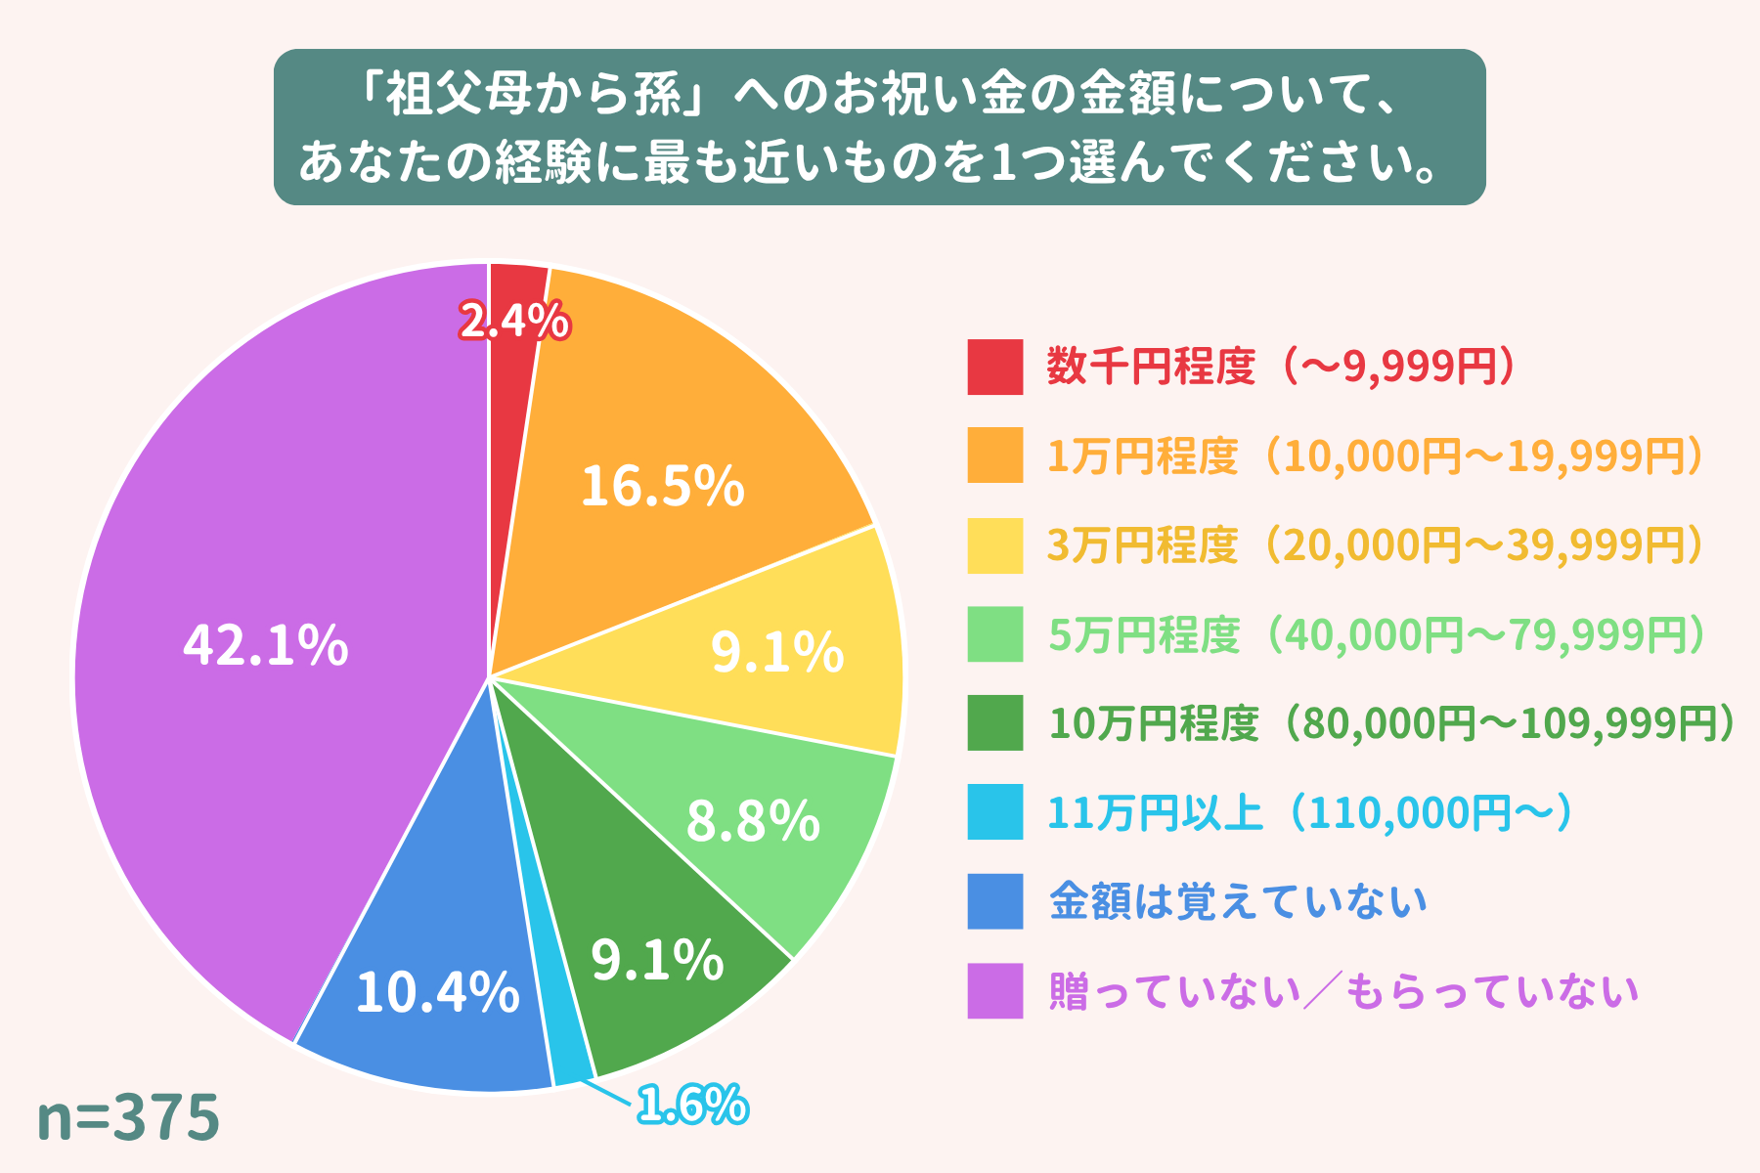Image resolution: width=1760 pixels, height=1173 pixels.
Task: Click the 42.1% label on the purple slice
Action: (265, 645)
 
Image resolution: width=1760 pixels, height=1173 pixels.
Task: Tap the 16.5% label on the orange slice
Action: (662, 486)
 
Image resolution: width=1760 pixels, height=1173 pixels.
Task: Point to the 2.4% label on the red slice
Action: (514, 321)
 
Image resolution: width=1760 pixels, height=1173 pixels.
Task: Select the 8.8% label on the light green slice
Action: (752, 821)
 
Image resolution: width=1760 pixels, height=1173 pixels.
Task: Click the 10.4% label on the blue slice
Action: (437, 992)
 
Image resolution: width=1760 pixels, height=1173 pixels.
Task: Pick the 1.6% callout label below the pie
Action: (692, 1106)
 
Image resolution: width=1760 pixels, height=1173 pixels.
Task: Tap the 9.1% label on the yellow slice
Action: (777, 652)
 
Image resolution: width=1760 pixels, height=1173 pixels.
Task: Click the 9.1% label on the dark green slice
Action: (657, 960)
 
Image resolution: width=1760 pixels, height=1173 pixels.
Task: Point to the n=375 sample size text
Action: (128, 1117)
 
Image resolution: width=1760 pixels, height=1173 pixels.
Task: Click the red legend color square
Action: (994, 367)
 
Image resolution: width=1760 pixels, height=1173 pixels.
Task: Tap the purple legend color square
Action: (994, 991)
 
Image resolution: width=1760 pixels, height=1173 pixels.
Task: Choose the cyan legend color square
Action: (994, 812)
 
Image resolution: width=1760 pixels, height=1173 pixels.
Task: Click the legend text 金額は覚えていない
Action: (1238, 901)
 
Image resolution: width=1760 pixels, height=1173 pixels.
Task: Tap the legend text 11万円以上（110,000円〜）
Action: (1310, 812)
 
